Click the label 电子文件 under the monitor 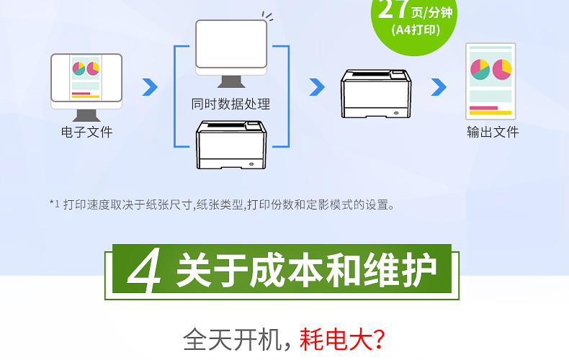coord(86,132)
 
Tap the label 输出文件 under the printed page coord(493,132)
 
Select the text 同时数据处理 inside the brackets coord(230,104)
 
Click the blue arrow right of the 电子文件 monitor coord(150,87)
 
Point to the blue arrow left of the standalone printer coord(317,87)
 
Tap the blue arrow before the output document coord(439,87)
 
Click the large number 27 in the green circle coord(393,9)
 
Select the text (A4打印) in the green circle coord(416,30)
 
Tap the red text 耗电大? coord(342,340)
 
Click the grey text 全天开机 coord(233,340)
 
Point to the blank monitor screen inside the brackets coord(231,43)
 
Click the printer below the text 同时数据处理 coord(231,145)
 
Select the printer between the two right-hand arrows coord(376,94)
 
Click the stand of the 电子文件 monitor coord(86,115)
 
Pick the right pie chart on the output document coord(502,69)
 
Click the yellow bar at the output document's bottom coord(490,113)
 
